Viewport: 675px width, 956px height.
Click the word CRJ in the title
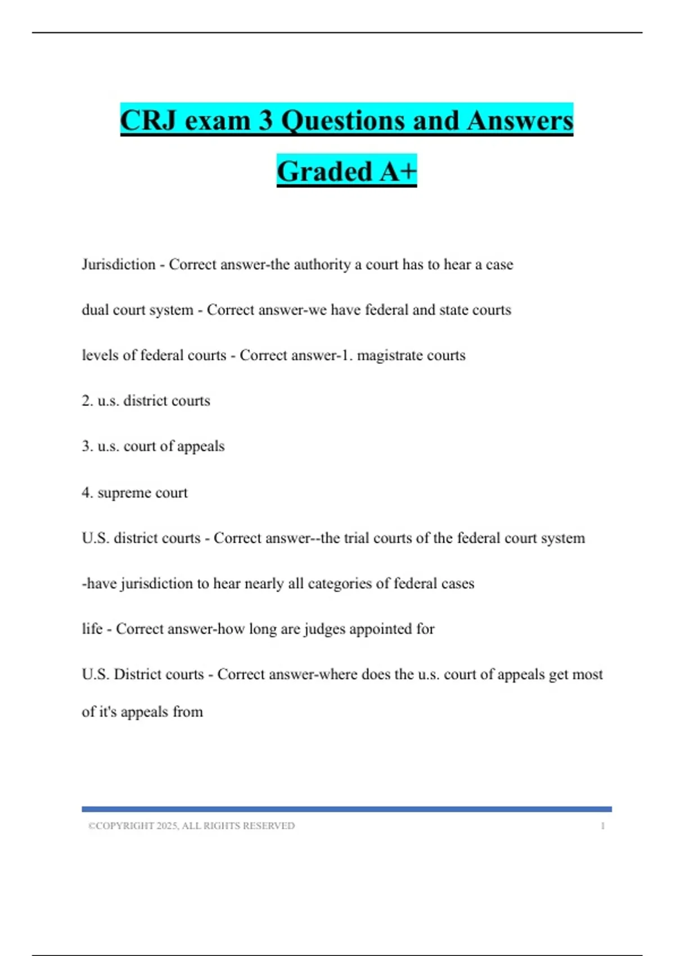pyautogui.click(x=148, y=120)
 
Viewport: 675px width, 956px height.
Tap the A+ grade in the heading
pyautogui.click(x=398, y=171)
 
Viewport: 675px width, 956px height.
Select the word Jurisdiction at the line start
pyautogui.click(x=119, y=264)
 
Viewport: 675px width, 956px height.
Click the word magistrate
pyautogui.click(x=387, y=355)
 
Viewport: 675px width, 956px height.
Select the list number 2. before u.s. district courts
pyautogui.click(x=87, y=401)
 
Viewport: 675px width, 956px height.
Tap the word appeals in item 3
pyautogui.click(x=201, y=447)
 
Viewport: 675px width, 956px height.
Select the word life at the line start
pyautogui.click(x=92, y=629)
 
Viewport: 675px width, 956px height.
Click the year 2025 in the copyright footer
pyautogui.click(x=167, y=826)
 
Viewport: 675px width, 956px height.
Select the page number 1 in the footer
pyautogui.click(x=602, y=826)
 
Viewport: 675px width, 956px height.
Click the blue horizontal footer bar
pyautogui.click(x=346, y=809)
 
